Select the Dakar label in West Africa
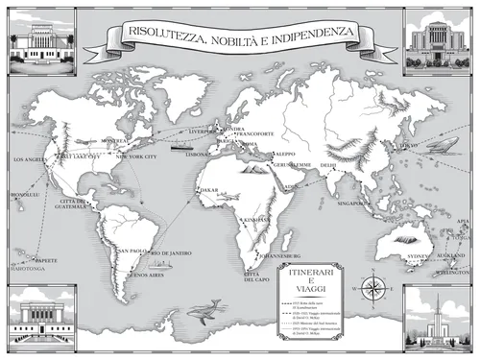tap(209, 190)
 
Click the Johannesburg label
tap(281, 257)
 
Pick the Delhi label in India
tap(328, 165)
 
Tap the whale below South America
tap(202, 309)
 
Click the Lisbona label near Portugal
tap(199, 154)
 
